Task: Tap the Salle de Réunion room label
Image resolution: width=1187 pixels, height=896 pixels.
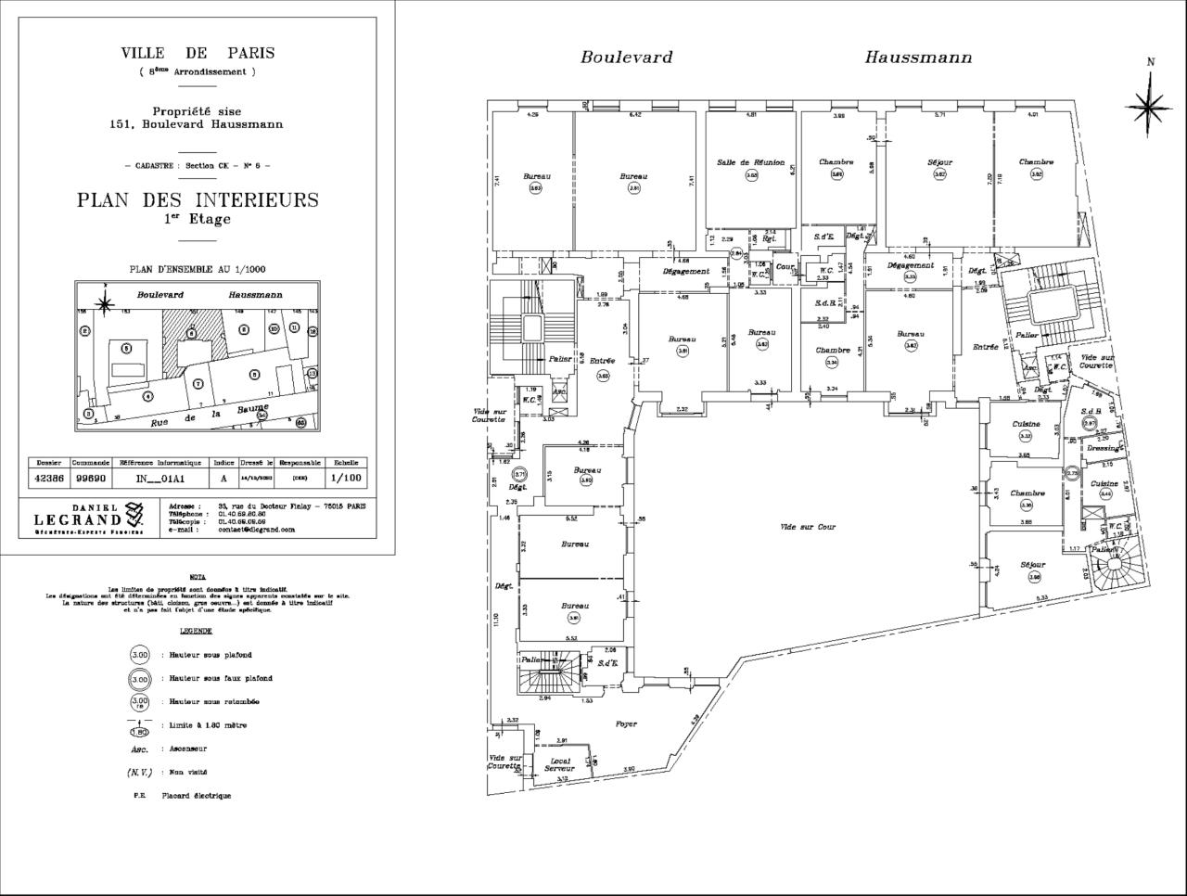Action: click(x=750, y=162)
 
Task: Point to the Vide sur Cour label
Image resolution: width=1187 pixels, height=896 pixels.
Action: click(x=808, y=527)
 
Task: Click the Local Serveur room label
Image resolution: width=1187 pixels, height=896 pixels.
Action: click(x=558, y=765)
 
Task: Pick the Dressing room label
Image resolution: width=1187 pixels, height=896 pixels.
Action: click(x=1103, y=448)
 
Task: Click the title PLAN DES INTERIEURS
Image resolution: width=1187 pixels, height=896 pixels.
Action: click(x=198, y=199)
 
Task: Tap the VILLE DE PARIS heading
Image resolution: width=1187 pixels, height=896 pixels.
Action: click(x=198, y=54)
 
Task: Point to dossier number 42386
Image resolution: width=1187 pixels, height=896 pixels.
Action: click(x=50, y=479)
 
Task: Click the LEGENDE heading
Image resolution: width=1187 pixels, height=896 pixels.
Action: click(x=196, y=631)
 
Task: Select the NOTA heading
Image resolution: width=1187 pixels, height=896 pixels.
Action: click(x=197, y=577)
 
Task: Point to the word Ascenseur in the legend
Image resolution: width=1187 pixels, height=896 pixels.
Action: click(x=184, y=749)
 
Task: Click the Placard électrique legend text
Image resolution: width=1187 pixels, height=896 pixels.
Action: click(x=196, y=796)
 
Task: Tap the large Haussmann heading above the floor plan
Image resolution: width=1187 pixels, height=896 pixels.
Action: click(x=918, y=58)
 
